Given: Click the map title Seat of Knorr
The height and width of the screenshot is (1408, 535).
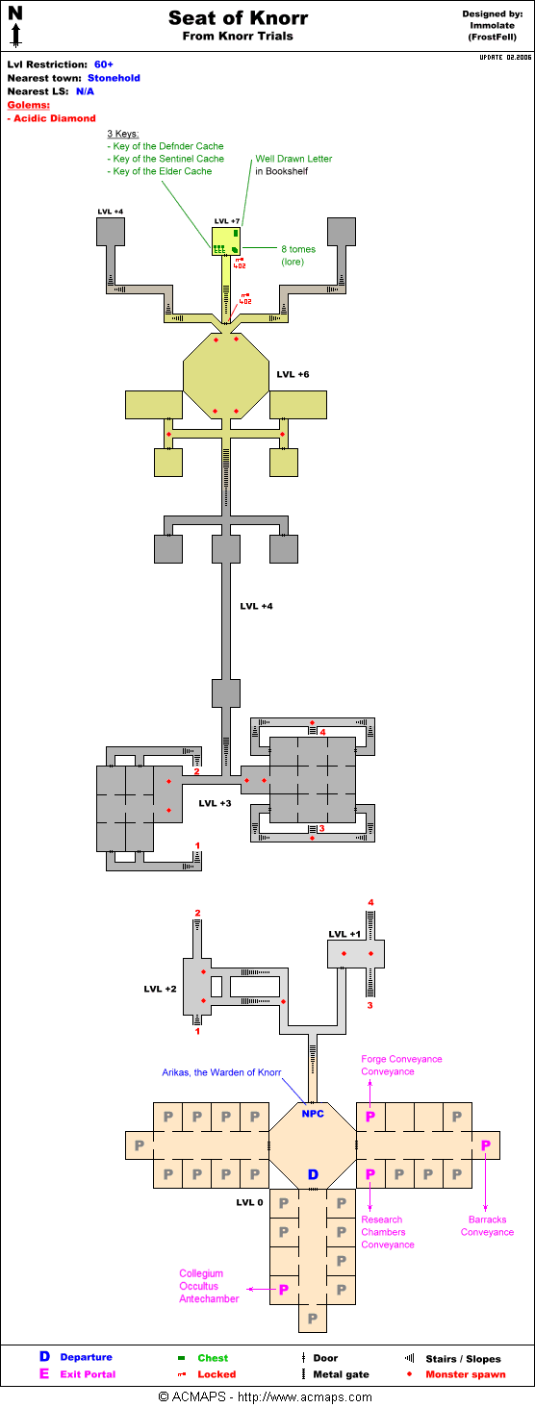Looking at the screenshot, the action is [x=238, y=17].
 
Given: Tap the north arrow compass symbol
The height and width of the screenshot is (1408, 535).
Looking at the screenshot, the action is [x=15, y=26].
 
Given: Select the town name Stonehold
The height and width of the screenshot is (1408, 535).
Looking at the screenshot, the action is [x=114, y=78].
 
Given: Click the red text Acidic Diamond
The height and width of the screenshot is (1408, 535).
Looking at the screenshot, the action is [x=55, y=118].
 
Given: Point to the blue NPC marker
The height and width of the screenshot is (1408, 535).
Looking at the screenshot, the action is [x=313, y=1113].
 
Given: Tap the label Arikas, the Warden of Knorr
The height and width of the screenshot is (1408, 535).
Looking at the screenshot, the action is [x=221, y=1072].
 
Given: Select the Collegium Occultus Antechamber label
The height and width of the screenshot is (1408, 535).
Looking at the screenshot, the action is [x=209, y=1286].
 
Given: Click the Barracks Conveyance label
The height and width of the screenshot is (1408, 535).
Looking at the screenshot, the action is [x=487, y=1225].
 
